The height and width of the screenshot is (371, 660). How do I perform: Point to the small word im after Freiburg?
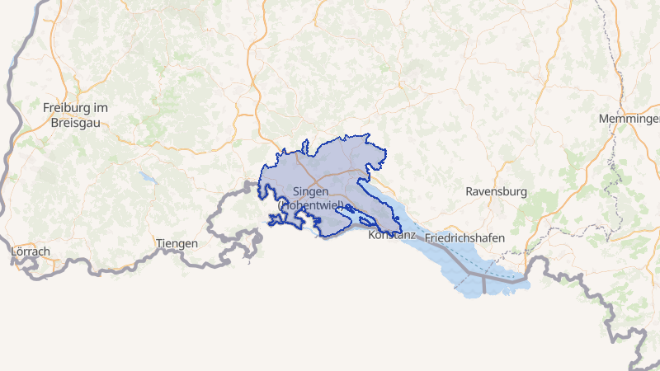click(101, 108)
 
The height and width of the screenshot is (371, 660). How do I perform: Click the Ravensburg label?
click(496, 191)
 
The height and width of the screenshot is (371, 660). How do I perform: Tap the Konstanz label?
click(387, 235)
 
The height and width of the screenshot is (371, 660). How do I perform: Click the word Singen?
click(311, 191)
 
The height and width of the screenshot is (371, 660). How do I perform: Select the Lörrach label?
click(31, 251)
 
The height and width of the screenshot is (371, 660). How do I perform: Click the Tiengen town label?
click(177, 243)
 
